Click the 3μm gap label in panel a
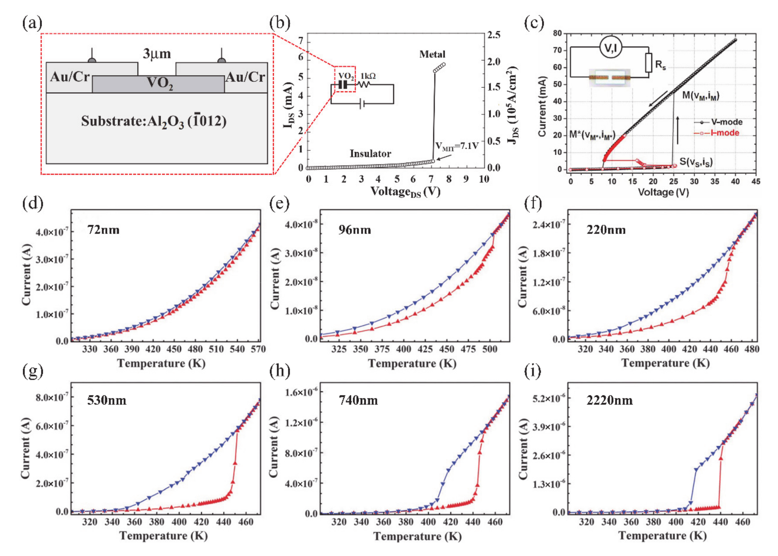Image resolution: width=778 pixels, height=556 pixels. pyautogui.click(x=157, y=54)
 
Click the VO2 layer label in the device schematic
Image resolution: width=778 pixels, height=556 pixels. pyautogui.click(x=160, y=83)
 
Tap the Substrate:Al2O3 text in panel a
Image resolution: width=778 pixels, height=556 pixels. pyautogui.click(x=154, y=122)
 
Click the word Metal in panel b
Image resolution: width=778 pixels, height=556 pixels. pyautogui.click(x=432, y=54)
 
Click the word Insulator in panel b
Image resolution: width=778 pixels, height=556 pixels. pyautogui.click(x=370, y=153)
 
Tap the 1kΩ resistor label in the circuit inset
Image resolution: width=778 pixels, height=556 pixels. pyautogui.click(x=368, y=76)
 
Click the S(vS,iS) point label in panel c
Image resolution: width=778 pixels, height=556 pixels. pyautogui.click(x=696, y=162)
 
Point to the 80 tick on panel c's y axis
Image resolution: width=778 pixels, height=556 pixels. pyautogui.click(x=557, y=33)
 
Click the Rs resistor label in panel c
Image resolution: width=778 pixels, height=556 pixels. pyautogui.click(x=660, y=64)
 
